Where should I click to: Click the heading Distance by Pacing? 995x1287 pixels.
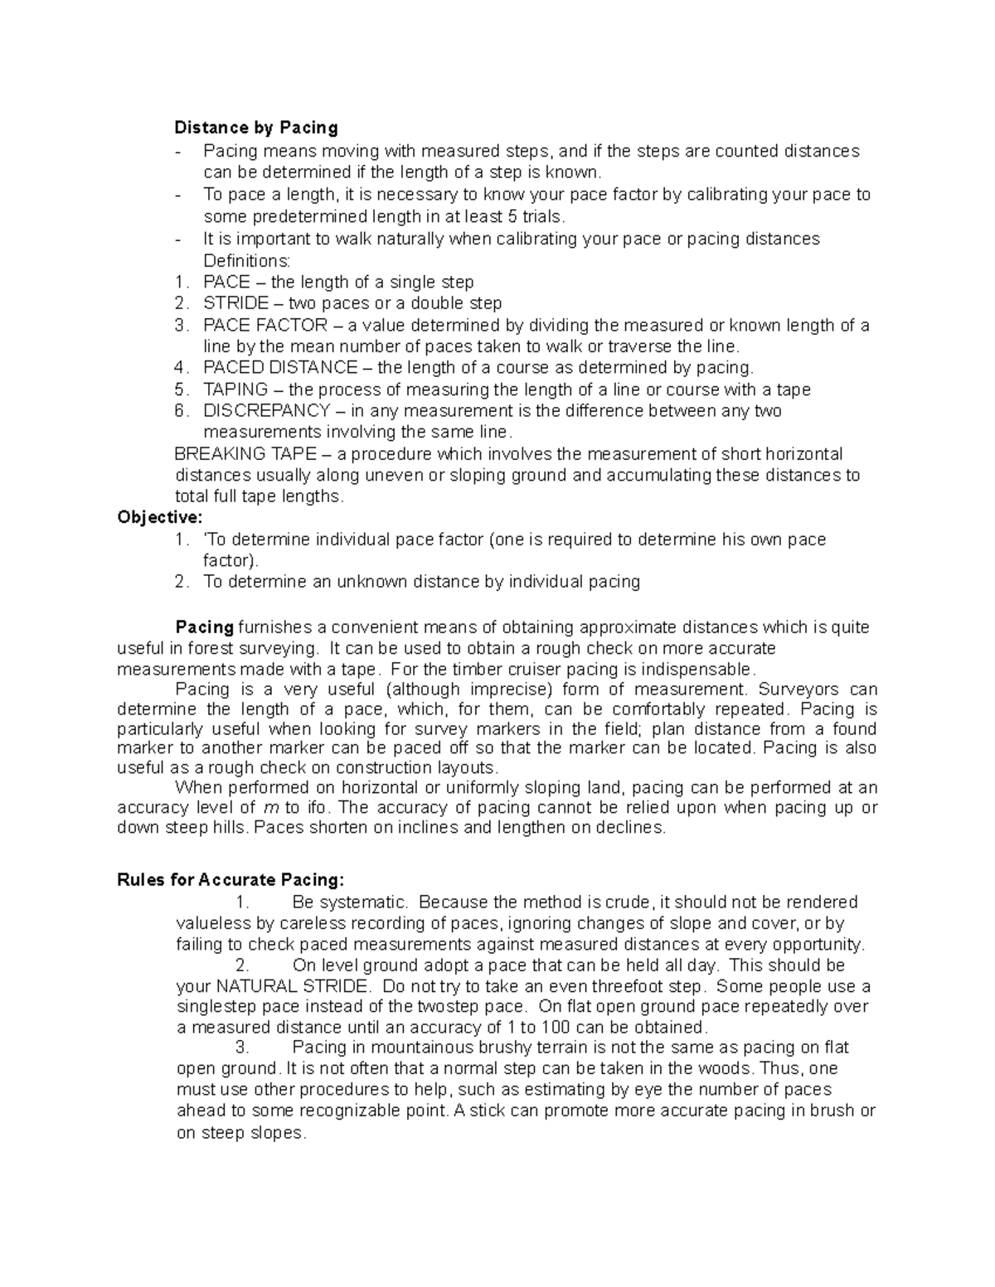click(256, 128)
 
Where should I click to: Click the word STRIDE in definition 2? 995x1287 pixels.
click(236, 303)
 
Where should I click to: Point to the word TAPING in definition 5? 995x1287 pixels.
click(235, 389)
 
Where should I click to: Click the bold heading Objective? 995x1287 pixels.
click(159, 518)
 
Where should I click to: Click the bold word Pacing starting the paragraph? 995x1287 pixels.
click(205, 627)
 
